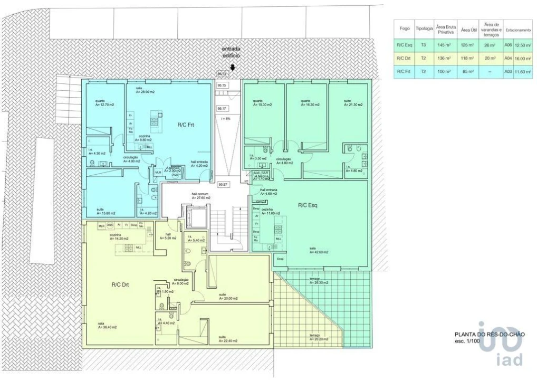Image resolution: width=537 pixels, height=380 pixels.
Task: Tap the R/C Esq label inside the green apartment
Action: coord(306,205)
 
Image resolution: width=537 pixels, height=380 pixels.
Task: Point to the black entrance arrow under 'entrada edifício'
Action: coord(233,67)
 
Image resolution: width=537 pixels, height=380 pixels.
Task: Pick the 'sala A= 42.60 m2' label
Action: coord(319,250)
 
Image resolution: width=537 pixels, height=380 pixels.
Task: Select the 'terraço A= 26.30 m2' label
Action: coord(319,281)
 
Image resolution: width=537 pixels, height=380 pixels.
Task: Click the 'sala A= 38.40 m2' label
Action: coord(107,325)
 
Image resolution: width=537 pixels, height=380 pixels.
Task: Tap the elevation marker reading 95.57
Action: coord(222,185)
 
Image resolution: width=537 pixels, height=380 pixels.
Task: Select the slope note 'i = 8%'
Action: coord(225,119)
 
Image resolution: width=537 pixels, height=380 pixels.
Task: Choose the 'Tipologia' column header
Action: coord(424,30)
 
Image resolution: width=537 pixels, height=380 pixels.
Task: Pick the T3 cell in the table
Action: coord(424,45)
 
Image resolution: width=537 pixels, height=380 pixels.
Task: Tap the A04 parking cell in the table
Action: coord(508,59)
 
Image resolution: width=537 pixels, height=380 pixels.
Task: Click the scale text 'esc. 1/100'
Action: coord(467,341)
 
